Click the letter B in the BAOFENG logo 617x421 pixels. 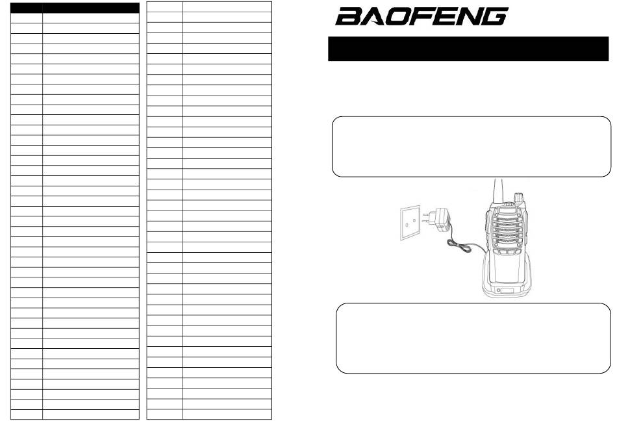348,16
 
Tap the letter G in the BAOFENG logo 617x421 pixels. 494,16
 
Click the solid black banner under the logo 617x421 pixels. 468,49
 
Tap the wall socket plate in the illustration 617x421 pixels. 410,222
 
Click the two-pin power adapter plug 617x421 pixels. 437,220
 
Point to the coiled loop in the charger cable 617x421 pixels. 459,247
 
